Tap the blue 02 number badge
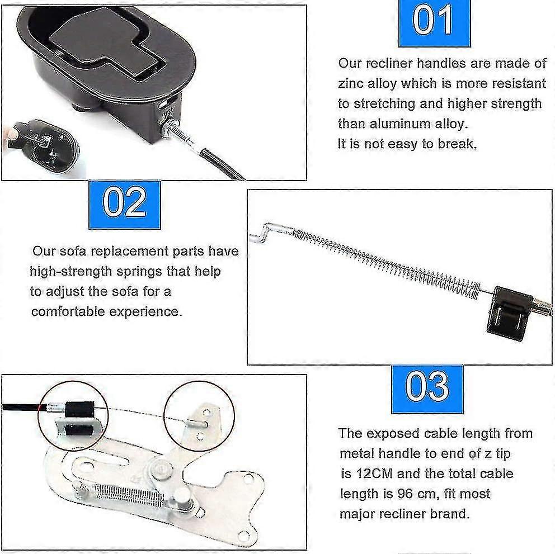pyautogui.click(x=124, y=204)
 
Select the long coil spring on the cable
pyautogui.click(x=386, y=260)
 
